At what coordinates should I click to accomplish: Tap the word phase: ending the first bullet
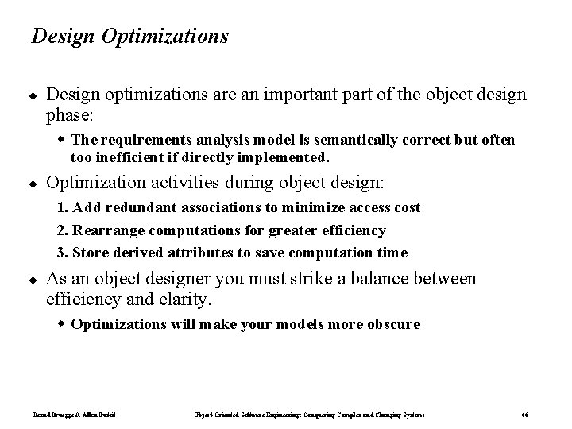point(70,115)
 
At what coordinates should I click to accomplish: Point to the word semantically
point(311,141)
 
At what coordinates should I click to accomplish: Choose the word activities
point(191,184)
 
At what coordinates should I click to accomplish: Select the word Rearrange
point(107,230)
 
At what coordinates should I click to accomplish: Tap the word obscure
point(392,324)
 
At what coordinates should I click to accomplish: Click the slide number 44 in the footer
point(525,415)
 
